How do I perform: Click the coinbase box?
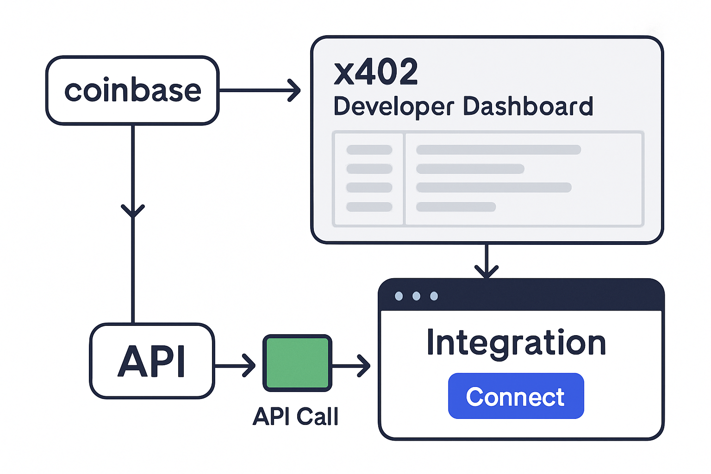[x=132, y=91]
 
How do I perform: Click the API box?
[x=152, y=361]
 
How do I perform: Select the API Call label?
[x=295, y=416]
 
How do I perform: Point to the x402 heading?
[x=375, y=72]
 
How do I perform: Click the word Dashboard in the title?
[x=528, y=106]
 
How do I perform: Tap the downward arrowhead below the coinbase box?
[x=133, y=211]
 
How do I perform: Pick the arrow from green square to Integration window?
[x=352, y=366]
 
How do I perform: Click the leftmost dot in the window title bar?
[x=399, y=296]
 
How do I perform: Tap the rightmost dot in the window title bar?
[x=434, y=296]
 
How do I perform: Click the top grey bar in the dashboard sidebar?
[x=369, y=150]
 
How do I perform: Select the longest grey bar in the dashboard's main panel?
[x=499, y=150]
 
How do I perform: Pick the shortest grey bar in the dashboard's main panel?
[x=456, y=207]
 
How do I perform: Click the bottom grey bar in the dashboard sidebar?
[x=369, y=207]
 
